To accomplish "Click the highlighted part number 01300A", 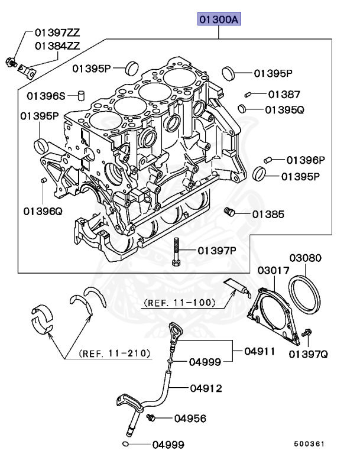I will point(219,20).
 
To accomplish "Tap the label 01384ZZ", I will point(57,45).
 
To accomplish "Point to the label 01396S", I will point(46,95).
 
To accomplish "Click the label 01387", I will point(284,94).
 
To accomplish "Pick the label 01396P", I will point(306,160).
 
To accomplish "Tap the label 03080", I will point(305,258).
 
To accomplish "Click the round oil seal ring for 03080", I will point(306,293).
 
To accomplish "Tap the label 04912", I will point(206,388).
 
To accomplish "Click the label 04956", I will point(190,419).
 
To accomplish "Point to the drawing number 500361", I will point(311,442).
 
